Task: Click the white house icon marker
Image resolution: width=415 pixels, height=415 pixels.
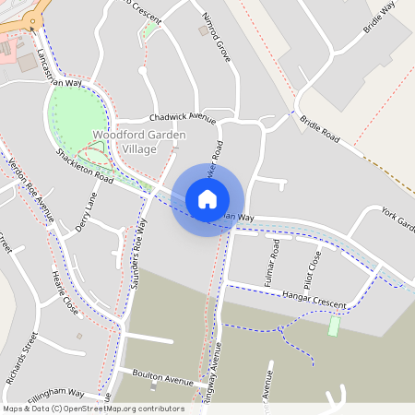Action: [x=207, y=198]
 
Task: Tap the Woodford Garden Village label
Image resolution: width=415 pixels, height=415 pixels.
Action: [x=140, y=142]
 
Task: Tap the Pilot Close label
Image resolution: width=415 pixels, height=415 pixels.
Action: [x=314, y=267]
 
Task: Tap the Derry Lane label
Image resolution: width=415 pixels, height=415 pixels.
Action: [x=86, y=212]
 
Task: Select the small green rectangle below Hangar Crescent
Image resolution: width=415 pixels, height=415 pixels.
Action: [x=333, y=326]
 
